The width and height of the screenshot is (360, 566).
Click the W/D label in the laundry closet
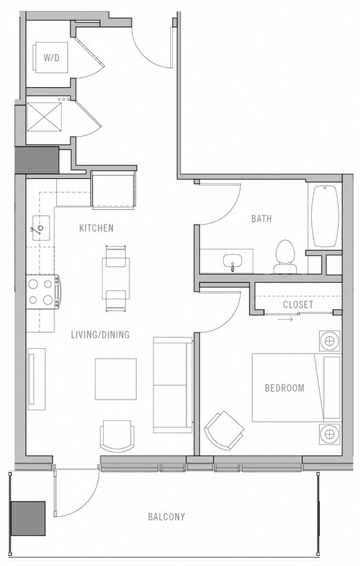51,58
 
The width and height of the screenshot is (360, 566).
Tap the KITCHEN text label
96,228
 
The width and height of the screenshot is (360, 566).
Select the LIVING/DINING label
100,335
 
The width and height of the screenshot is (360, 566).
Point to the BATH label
261,219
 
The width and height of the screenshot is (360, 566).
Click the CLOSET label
298,304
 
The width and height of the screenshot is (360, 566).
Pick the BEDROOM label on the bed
284,388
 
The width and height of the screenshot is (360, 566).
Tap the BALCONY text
166,516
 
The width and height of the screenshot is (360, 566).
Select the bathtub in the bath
325,216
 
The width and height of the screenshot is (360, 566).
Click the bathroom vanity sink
234,261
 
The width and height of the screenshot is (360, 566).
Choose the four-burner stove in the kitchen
42,292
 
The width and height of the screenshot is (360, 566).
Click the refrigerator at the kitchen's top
113,190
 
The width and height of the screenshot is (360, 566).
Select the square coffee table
115,379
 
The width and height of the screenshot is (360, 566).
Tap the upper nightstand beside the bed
329,341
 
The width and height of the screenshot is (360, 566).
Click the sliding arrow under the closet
286,319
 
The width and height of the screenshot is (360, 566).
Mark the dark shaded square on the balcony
27,518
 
